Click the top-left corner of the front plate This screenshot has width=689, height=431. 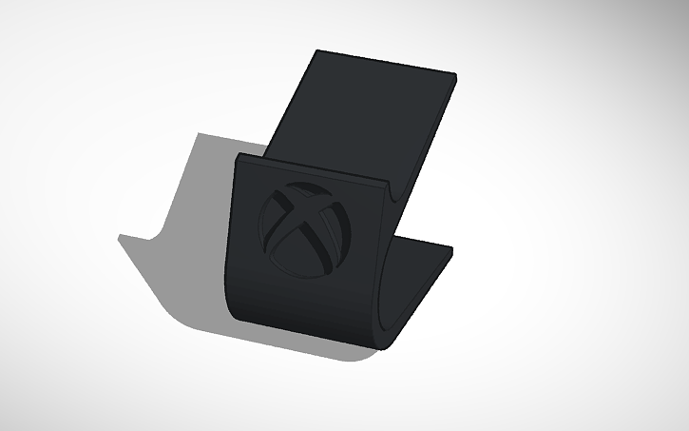(x=239, y=154)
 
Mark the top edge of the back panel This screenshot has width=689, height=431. (x=385, y=58)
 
